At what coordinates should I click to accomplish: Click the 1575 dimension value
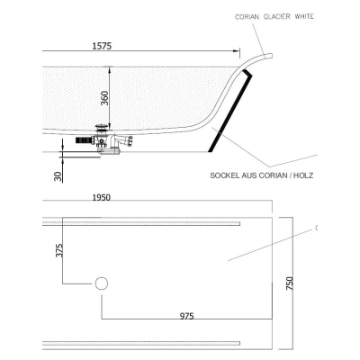coord(102,46)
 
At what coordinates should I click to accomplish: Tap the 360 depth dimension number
coord(104,98)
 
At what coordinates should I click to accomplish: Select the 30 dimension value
coord(58,176)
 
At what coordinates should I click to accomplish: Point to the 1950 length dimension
coord(102,198)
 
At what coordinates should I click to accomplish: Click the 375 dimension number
coord(59,250)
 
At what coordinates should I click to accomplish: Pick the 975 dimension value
coord(187,316)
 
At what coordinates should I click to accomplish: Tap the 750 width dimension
coord(290,283)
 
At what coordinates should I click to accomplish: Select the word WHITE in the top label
coord(304,16)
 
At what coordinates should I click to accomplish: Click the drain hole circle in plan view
coord(102,283)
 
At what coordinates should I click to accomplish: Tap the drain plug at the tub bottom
coord(102,129)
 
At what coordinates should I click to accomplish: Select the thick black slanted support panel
coord(230,110)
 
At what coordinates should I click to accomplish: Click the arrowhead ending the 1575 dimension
coord(237,51)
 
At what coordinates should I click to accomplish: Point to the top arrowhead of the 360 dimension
coord(110,70)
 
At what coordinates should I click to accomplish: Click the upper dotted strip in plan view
coord(141,223)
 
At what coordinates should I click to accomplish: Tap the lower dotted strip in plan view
coord(141,343)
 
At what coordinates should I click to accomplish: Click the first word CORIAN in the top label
coord(247,17)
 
